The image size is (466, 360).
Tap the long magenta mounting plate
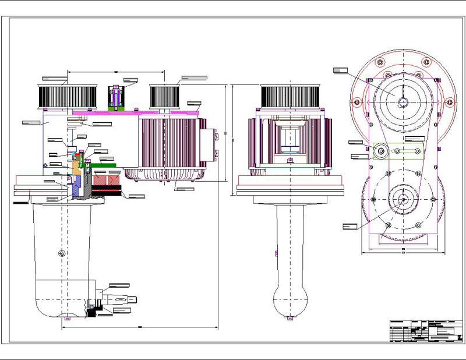[x=137, y=112]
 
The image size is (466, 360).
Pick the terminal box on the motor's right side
[x=208, y=144]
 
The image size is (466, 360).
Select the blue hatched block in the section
[x=77, y=185]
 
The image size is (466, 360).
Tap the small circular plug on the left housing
[x=62, y=253]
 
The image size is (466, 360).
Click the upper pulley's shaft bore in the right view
[x=402, y=103]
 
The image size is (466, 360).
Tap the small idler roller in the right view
[x=380, y=150]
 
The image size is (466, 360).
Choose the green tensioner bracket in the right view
[x=408, y=151]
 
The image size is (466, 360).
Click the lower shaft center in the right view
[x=402, y=199]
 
